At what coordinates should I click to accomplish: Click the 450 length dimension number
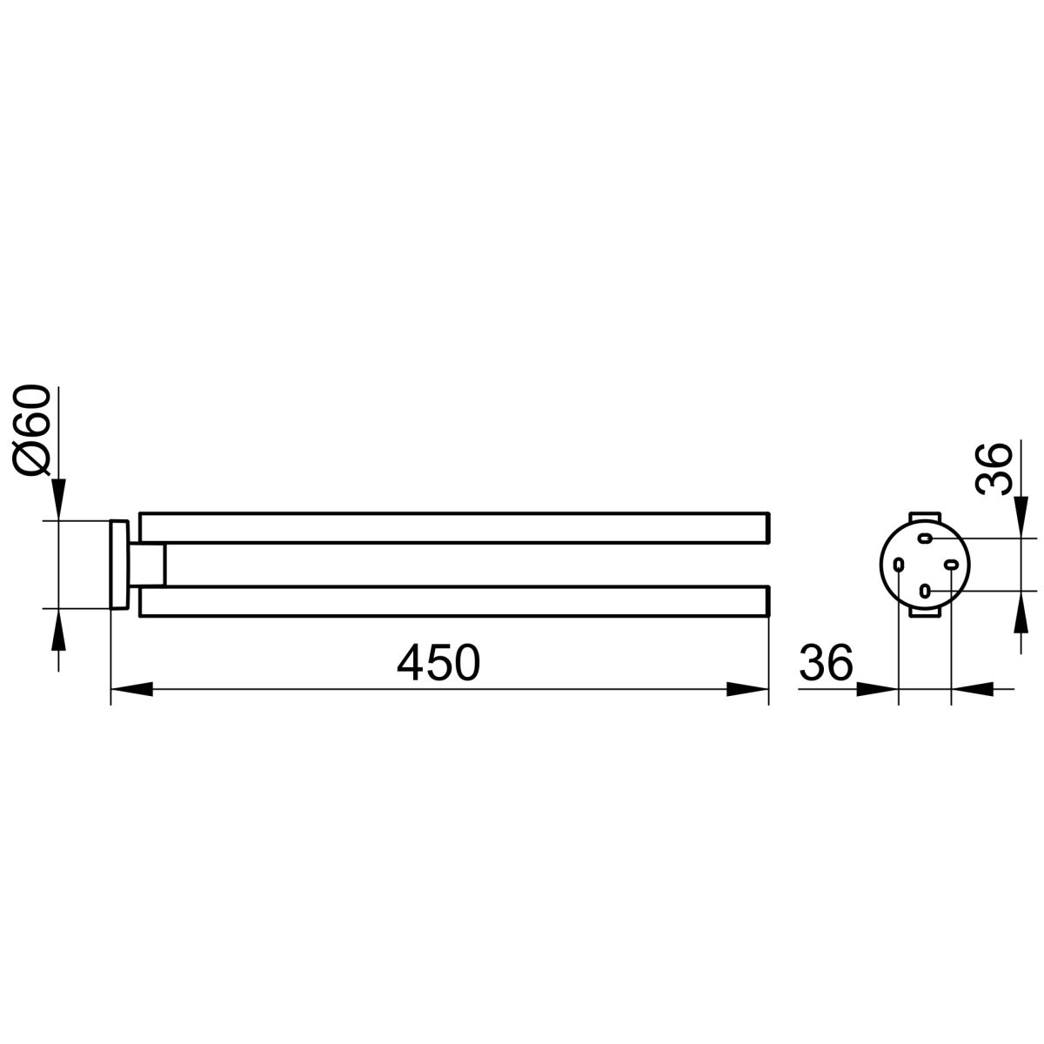438,662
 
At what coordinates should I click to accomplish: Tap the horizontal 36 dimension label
826,662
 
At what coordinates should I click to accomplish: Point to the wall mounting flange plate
119,564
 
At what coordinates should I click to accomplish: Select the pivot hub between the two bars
147,564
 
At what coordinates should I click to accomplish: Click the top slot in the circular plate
925,538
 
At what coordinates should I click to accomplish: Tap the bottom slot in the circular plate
925,590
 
